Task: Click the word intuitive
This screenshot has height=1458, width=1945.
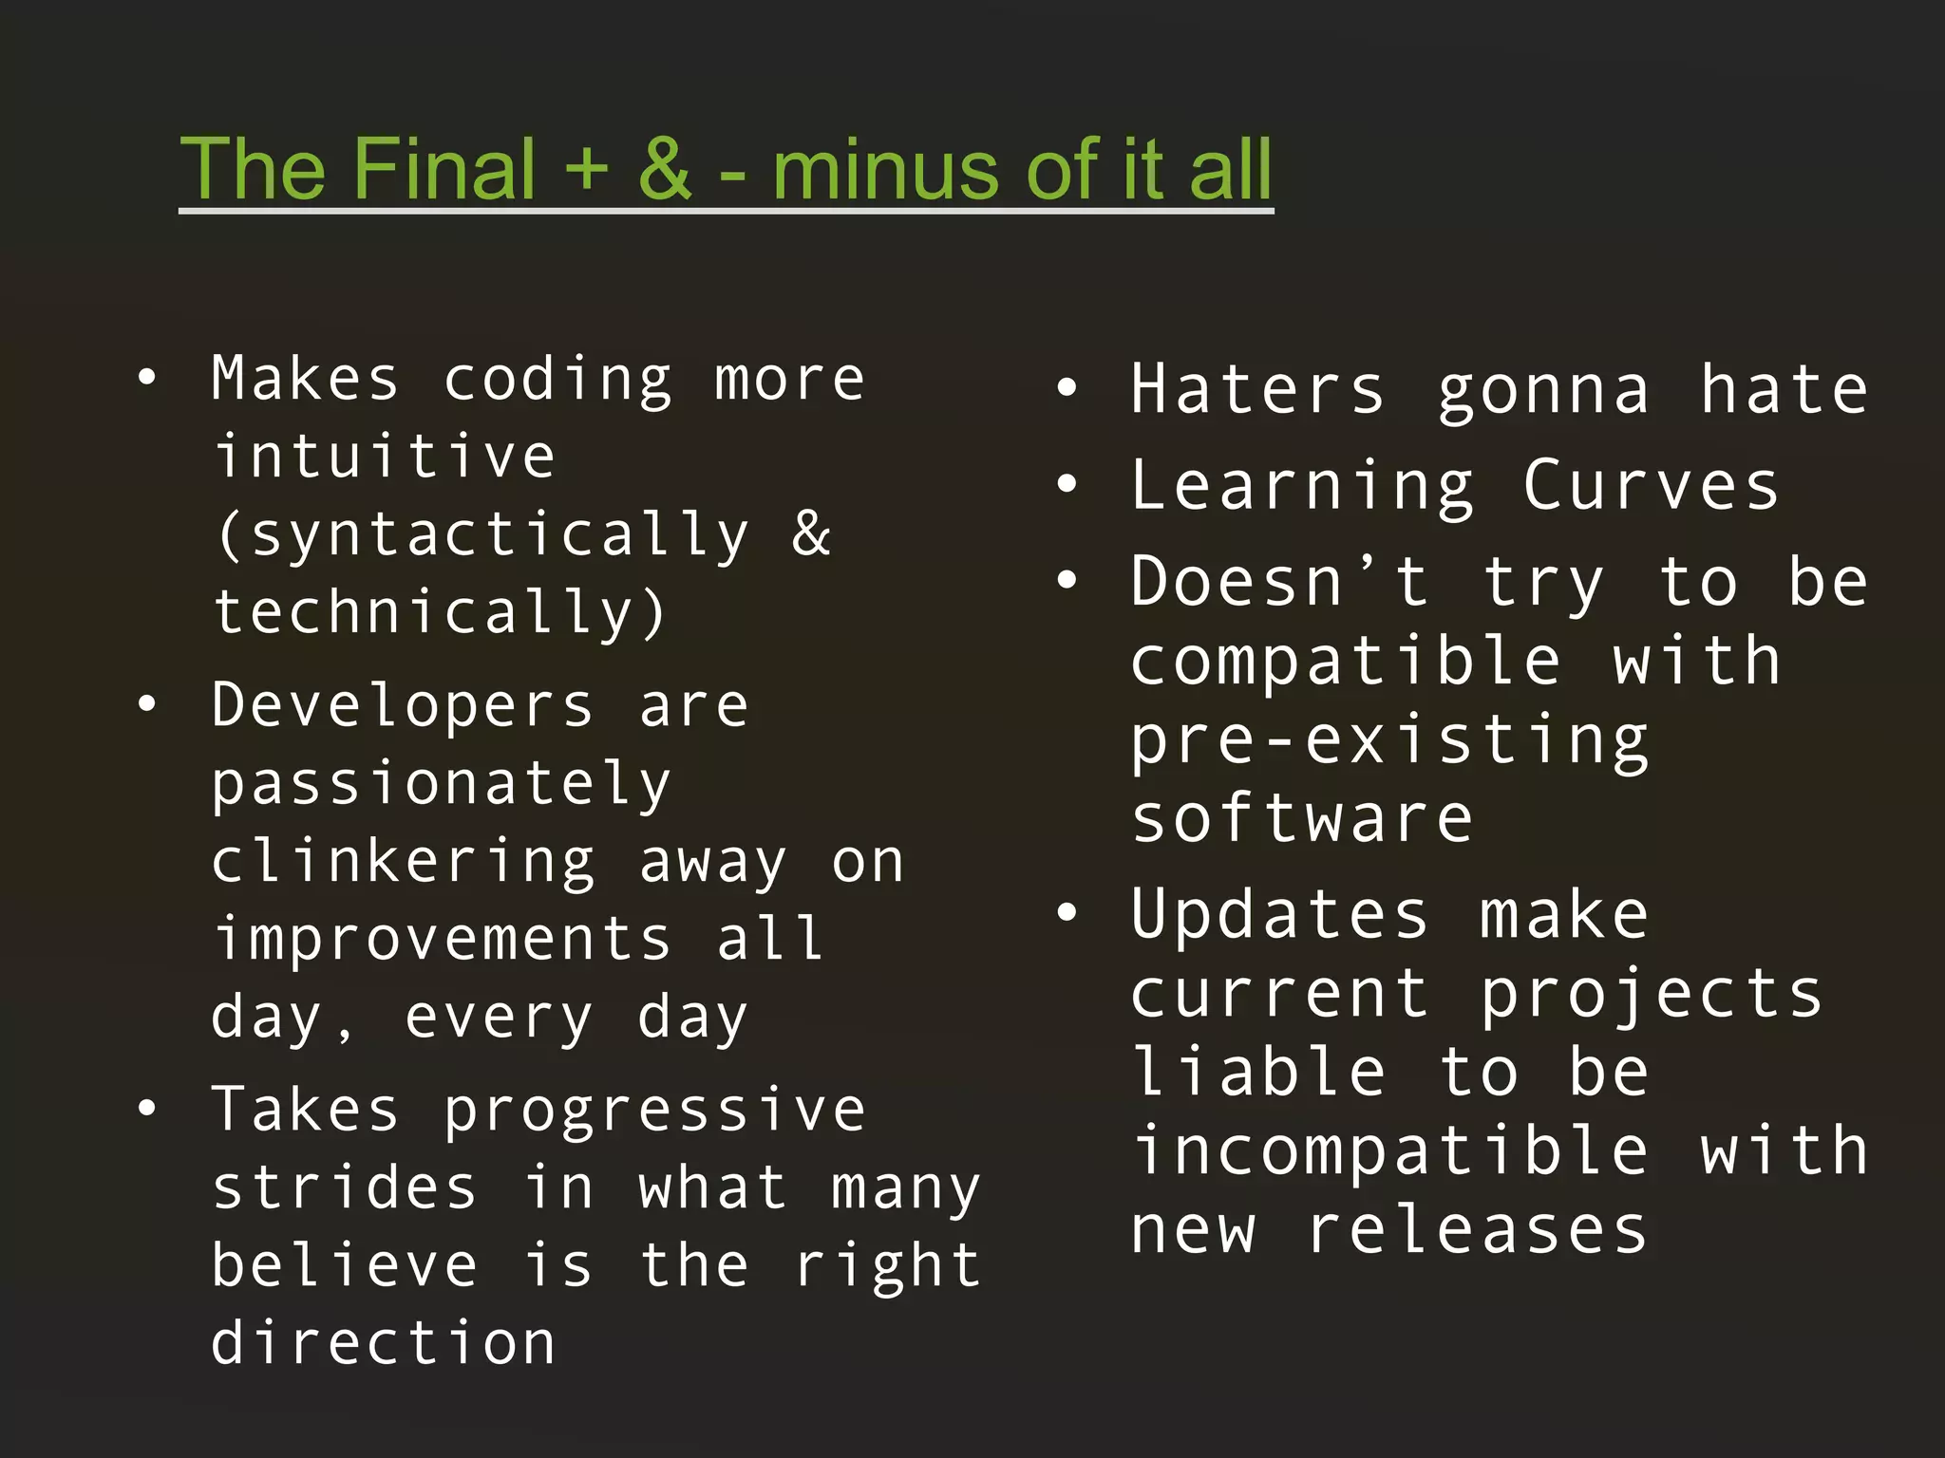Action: pos(384,457)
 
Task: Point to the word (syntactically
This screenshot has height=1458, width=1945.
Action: pos(482,535)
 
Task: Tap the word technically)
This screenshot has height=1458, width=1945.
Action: pos(440,613)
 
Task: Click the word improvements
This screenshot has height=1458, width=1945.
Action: pos(442,940)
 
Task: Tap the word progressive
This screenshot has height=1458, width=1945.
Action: pos(654,1111)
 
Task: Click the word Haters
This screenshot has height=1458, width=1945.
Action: pos(1257,389)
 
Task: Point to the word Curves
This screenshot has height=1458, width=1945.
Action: pos(1651,486)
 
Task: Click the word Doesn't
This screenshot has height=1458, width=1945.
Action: pos(1279,582)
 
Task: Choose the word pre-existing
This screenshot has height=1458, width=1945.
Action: pos(1389,740)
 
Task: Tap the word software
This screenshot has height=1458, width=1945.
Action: pos(1302,818)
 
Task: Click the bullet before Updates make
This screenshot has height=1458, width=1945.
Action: pos(1067,913)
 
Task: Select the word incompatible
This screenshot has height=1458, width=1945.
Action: pos(1389,1151)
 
